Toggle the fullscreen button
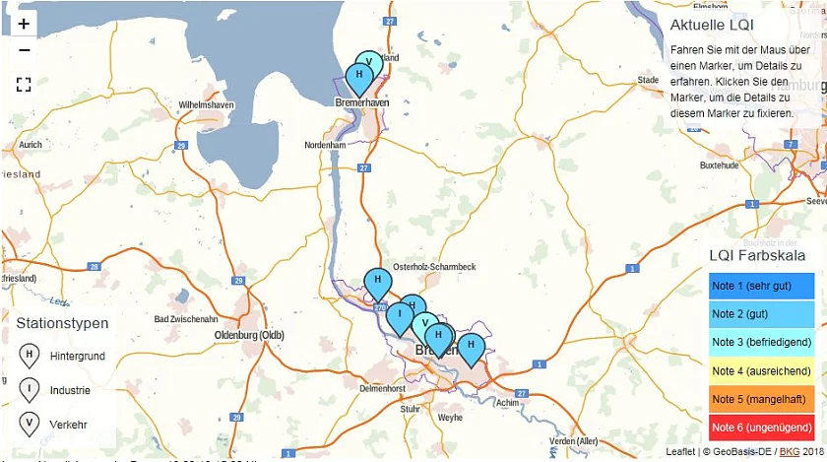tap(24, 85)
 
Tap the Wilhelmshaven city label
tap(206, 104)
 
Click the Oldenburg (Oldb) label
tap(249, 335)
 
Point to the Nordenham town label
tap(325, 145)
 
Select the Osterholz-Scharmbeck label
tap(434, 267)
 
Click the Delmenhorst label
tap(383, 388)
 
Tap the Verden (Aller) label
tap(573, 440)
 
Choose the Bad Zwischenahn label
tap(186, 319)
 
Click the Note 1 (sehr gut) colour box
tap(761, 286)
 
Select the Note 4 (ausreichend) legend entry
tap(761, 371)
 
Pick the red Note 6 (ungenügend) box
tap(761, 429)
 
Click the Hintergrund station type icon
tap(30, 356)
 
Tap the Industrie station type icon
tap(30, 390)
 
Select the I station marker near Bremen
tap(400, 317)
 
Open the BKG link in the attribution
tap(790, 451)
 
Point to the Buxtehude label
tap(719, 165)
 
